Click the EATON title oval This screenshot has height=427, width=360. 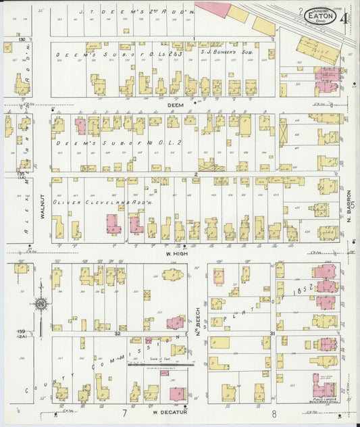[321, 15]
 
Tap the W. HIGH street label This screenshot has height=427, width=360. [176, 253]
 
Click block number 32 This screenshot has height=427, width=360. [117, 333]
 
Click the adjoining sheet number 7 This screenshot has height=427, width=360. [124, 412]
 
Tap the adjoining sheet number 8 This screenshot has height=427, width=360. [274, 412]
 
